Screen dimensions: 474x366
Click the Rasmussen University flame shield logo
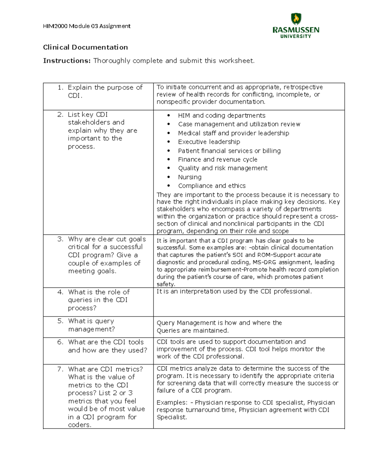[296, 19]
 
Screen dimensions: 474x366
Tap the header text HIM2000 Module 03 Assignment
[87, 26]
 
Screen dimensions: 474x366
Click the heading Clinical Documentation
[85, 47]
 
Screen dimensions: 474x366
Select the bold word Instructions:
[67, 61]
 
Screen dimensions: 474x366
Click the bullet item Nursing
[190, 177]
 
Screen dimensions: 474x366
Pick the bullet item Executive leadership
[209, 142]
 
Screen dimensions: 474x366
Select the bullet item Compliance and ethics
[212, 186]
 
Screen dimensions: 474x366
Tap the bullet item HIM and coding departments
[222, 116]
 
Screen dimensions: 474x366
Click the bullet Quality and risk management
[223, 168]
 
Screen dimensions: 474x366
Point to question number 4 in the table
[60, 292]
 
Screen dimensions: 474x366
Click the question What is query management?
[91, 325]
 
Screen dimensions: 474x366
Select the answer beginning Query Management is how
[219, 327]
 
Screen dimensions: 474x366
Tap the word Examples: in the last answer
[172, 403]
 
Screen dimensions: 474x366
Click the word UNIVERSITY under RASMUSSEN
[296, 36]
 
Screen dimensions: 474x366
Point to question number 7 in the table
[60, 369]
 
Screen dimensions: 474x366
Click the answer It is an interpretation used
[234, 291]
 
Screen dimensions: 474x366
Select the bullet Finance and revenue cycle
[217, 160]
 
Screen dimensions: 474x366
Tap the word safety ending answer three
[165, 284]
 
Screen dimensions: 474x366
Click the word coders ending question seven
[79, 425]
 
